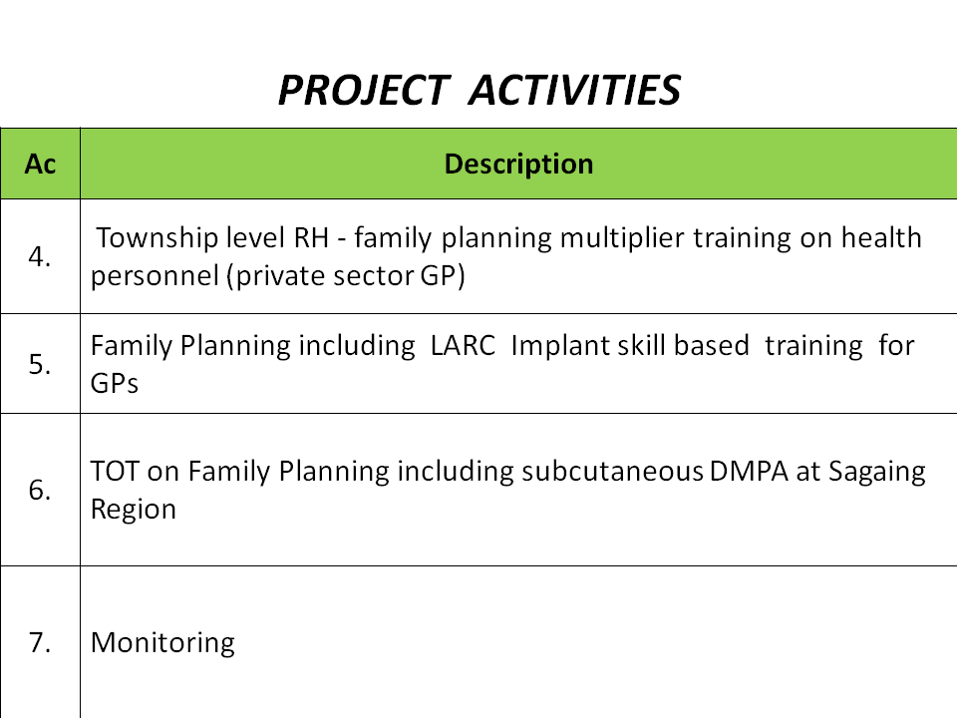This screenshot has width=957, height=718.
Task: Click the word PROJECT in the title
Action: click(x=365, y=90)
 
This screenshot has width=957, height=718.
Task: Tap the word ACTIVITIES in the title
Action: click(x=575, y=90)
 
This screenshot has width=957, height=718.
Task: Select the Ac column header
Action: click(x=40, y=164)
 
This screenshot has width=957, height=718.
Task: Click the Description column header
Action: click(x=518, y=164)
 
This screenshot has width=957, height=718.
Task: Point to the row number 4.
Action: click(x=40, y=256)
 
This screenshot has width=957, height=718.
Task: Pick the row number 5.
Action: click(x=40, y=365)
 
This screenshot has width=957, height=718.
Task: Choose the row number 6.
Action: click(x=40, y=490)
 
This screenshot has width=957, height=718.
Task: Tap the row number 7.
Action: click(x=40, y=642)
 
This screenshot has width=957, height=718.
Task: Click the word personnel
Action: click(x=156, y=276)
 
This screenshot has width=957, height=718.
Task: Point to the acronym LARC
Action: click(x=463, y=346)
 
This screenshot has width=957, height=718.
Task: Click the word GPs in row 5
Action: click(x=114, y=383)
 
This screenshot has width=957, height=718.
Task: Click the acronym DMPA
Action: click(x=749, y=472)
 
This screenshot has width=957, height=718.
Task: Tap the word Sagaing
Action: click(x=876, y=473)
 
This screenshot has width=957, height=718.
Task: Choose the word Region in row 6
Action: click(x=133, y=511)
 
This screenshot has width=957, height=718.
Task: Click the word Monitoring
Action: click(x=162, y=643)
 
